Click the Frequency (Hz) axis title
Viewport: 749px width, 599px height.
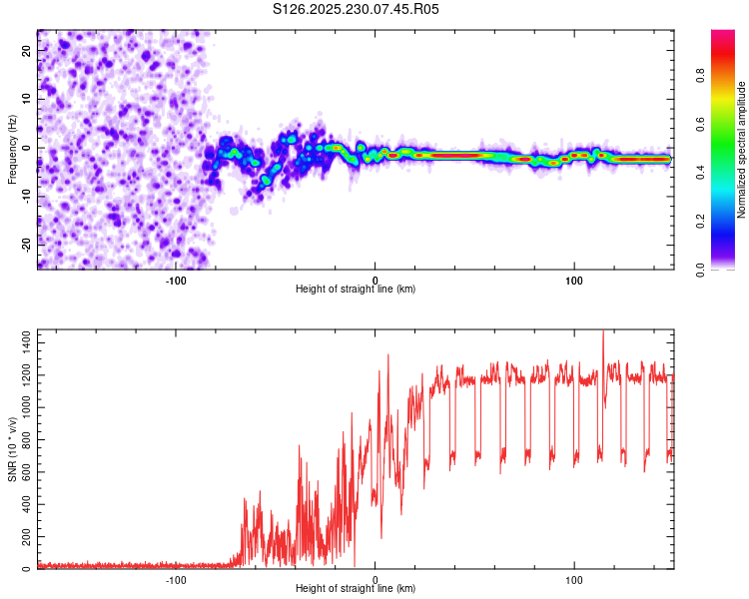[x=12, y=149]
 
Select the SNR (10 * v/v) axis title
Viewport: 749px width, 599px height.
[x=12, y=449]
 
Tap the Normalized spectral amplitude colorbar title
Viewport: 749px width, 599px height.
[x=741, y=150]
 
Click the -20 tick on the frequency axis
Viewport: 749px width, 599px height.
[x=25, y=244]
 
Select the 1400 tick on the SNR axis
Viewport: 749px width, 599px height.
[x=21, y=341]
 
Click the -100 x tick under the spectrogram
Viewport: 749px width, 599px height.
[x=176, y=280]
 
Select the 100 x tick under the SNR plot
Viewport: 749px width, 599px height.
[x=574, y=579]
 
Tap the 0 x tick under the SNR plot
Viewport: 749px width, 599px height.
[x=375, y=579]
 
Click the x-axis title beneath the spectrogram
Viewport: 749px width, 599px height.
[x=356, y=290]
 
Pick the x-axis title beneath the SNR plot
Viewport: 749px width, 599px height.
[x=356, y=589]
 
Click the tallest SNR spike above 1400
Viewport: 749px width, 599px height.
[x=603, y=333]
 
